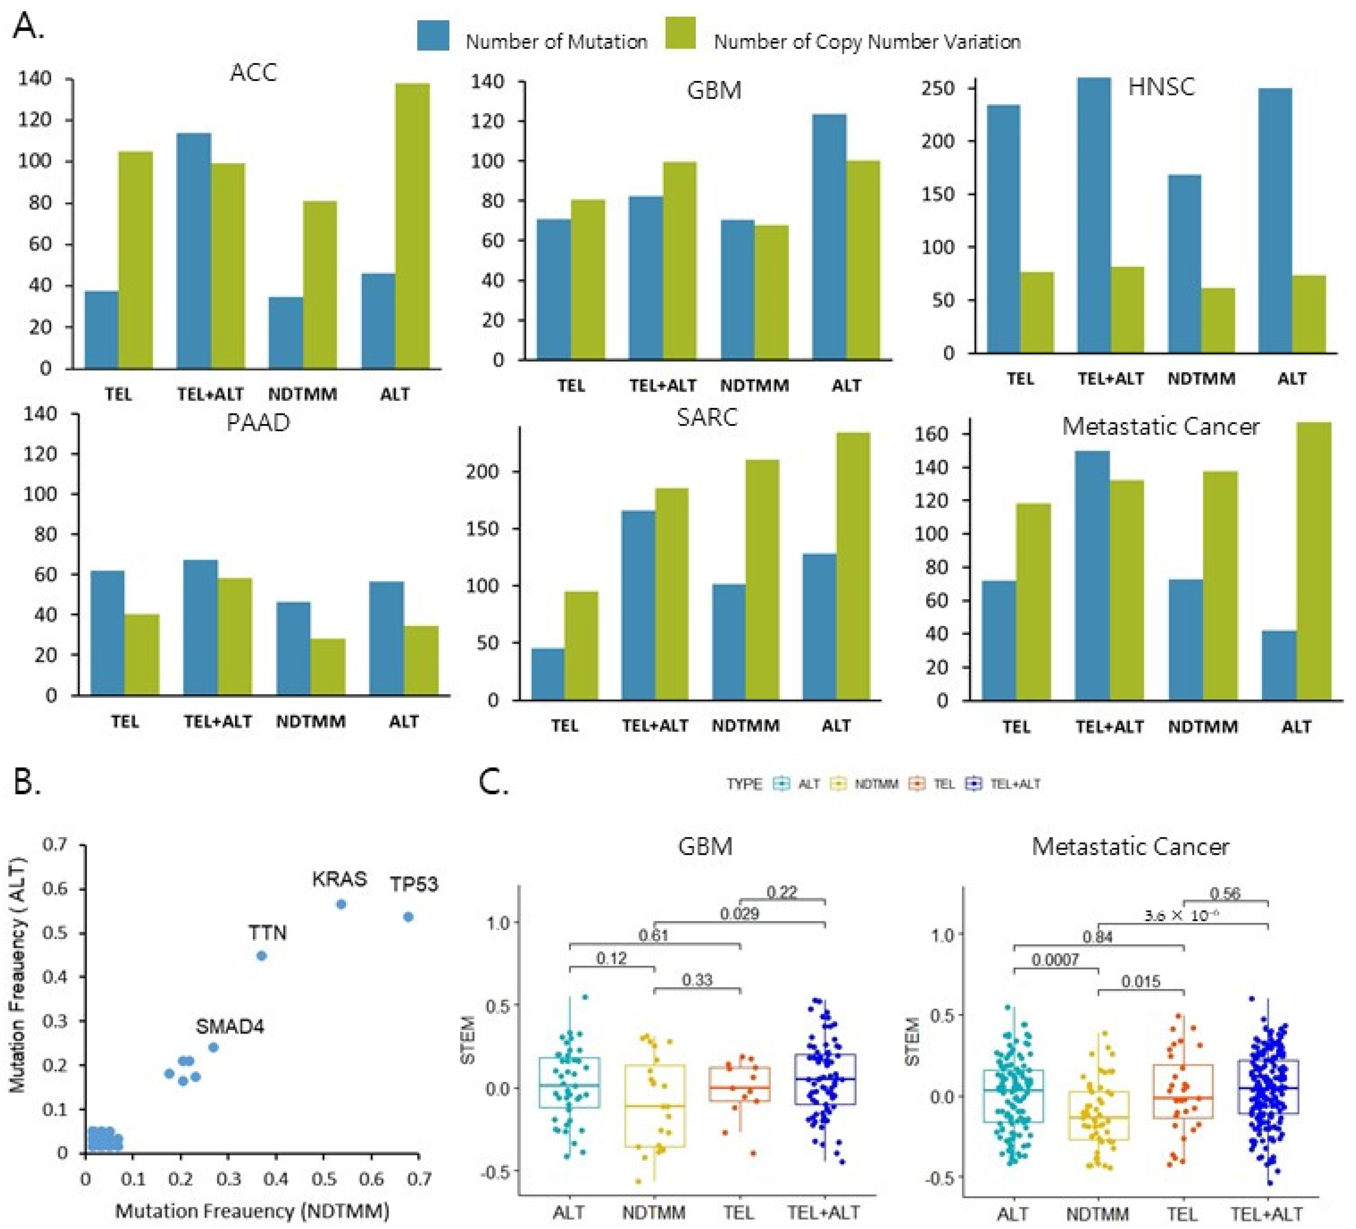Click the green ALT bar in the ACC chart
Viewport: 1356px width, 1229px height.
(412, 226)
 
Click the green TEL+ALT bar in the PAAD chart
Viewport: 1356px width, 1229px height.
(235, 636)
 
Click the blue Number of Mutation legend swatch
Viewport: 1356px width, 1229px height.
(433, 35)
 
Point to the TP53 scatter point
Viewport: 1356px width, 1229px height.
(408, 917)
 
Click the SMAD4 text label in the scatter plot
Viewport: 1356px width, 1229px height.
(230, 1027)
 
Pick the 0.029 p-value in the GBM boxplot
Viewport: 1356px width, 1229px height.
(740, 913)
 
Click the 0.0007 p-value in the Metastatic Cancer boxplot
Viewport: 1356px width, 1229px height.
(1055, 960)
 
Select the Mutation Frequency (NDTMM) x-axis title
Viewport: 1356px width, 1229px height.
(252, 1211)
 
